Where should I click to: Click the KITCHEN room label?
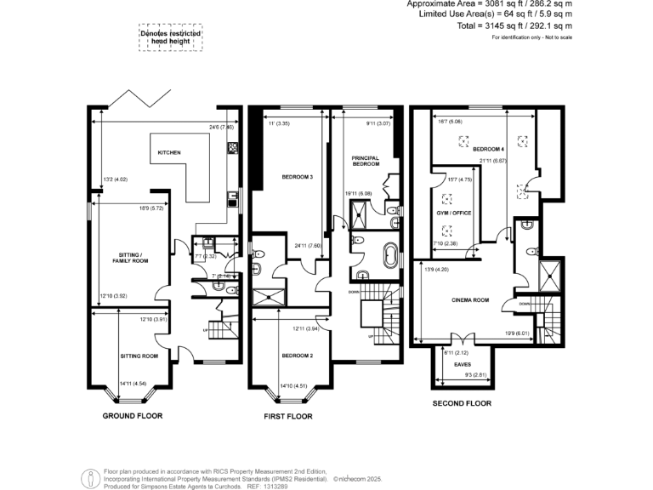[x=168, y=152]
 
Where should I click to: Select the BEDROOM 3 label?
[x=298, y=177]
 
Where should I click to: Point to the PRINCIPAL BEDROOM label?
[x=365, y=161]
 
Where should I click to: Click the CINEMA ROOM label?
[x=468, y=299]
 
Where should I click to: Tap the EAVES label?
[x=463, y=364]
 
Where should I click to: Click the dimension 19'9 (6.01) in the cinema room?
[x=517, y=333]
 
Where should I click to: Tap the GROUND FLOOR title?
[x=133, y=416]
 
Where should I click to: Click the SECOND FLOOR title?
[x=462, y=402]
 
